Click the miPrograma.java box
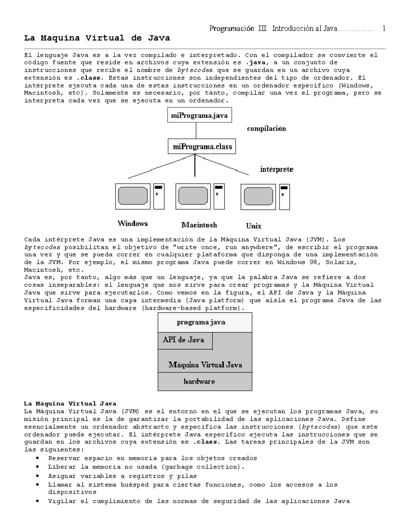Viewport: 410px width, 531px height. [200, 116]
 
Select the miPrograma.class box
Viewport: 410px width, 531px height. [202, 147]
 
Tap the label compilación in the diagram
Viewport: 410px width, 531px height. [266, 129]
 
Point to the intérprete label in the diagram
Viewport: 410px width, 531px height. [277, 169]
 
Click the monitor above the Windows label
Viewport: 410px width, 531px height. [133, 196]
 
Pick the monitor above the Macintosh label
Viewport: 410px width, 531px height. [193, 196]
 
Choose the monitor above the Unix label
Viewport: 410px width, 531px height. [258, 197]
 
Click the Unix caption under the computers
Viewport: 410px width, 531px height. [254, 226]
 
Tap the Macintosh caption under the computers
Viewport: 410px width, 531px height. [199, 225]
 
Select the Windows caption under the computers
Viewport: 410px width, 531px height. [133, 224]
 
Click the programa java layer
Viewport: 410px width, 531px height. [205, 322]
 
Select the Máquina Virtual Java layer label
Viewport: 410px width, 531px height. [205, 365]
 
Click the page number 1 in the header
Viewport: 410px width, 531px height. [384, 29]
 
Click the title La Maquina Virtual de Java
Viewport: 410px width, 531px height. [97, 38]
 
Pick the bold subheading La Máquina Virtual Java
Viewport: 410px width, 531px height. [70, 404]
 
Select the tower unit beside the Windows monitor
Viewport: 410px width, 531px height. [159, 196]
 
